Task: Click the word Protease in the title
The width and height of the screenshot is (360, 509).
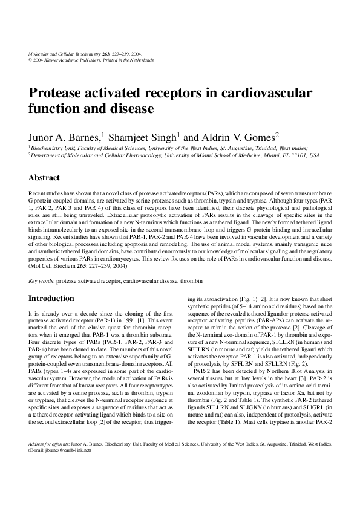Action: [x=57, y=94]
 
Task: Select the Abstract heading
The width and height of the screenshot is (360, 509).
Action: [x=44, y=178]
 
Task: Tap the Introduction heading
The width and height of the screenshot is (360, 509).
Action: [x=51, y=299]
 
